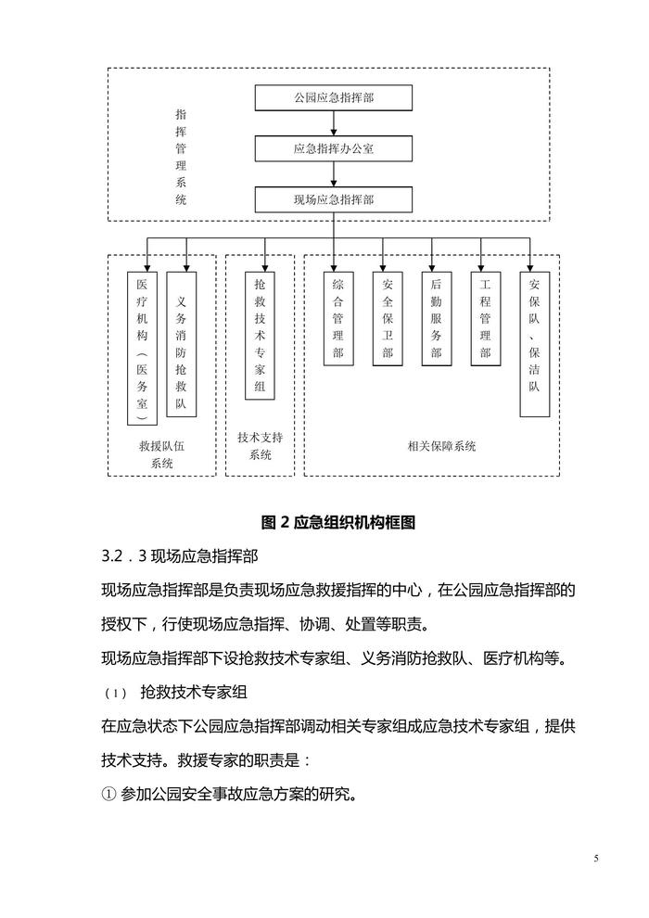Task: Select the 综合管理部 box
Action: (x=337, y=319)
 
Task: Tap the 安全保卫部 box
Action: (x=387, y=319)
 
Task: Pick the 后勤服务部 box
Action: (x=436, y=319)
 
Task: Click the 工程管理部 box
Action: (x=484, y=319)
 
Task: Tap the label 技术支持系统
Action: (x=260, y=445)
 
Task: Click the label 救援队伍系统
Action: (x=161, y=454)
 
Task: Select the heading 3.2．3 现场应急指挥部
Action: (x=180, y=556)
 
